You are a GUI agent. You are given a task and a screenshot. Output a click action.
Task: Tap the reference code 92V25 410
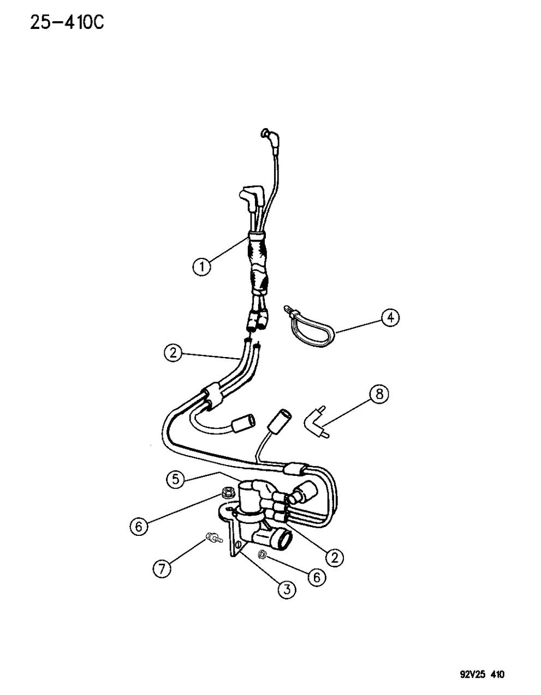[483, 666]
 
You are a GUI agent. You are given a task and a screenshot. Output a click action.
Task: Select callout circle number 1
[202, 266]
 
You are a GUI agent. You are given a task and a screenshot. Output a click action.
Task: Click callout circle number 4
[390, 318]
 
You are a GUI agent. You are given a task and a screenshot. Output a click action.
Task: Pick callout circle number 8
[379, 394]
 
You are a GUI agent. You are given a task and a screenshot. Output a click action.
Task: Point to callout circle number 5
[176, 488]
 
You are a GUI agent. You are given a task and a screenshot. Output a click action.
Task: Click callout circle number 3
[287, 589]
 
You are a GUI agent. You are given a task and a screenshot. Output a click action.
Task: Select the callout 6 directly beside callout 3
[317, 577]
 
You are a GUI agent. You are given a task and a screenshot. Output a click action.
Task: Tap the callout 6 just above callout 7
[139, 526]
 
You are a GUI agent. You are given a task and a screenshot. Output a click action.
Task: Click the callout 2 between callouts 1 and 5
[173, 353]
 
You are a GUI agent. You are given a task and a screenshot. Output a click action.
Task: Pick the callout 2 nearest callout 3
[335, 558]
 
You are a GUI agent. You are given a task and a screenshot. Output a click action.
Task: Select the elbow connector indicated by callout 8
[316, 424]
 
